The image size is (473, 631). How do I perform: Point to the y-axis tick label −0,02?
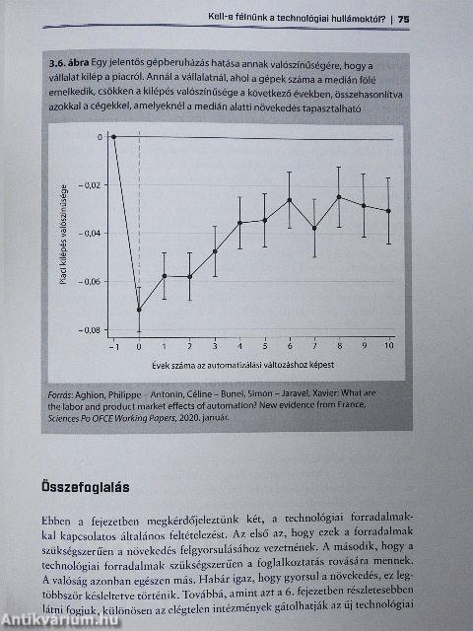90,185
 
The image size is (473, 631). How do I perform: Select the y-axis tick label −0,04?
90,234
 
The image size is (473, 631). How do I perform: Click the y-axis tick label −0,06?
90,282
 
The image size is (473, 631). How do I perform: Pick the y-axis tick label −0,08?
90,330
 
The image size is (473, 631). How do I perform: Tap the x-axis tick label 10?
388,346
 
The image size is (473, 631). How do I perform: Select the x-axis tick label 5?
264,346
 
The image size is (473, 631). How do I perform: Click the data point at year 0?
139,309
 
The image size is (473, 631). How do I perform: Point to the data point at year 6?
290,199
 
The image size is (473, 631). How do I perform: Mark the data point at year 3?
214,251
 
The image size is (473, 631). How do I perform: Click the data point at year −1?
113,137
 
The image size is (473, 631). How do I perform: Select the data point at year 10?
388,210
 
